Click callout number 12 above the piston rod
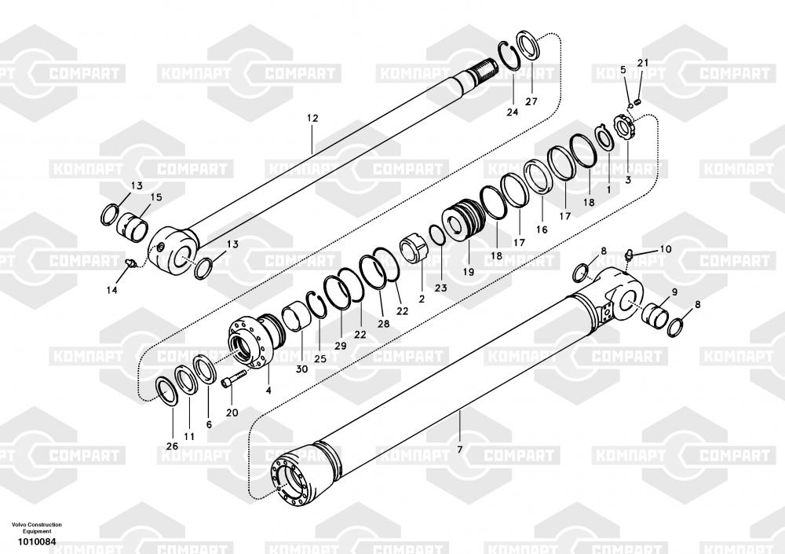pos(312,119)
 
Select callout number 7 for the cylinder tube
pos(460,449)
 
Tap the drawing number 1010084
pos(37,541)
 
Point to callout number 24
pos(512,112)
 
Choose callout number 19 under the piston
pos(468,272)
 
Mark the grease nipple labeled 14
pos(131,262)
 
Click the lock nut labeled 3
pos(625,128)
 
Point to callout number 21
pos(643,63)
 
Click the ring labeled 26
pos(166,391)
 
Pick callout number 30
pos(302,369)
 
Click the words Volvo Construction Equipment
pos(37,527)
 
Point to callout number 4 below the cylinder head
pos(268,390)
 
